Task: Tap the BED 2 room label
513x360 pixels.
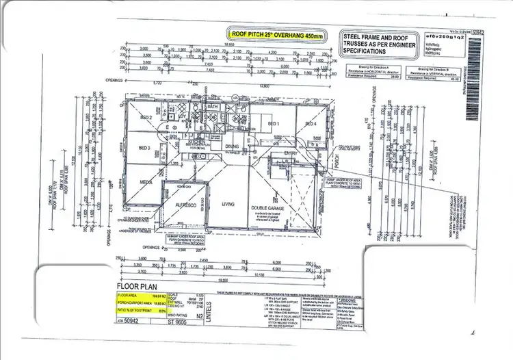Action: pos(146,117)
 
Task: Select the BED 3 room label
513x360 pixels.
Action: pos(144,148)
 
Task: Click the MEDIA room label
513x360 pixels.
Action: pos(146,183)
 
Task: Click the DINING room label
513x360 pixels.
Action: pos(232,146)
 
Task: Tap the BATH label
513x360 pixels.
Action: pos(212,107)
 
